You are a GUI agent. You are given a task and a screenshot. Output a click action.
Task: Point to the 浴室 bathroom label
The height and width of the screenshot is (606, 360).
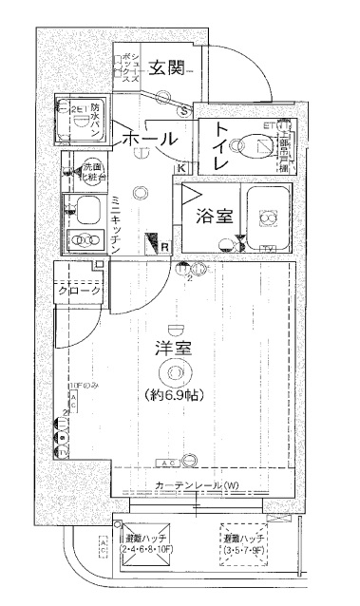click(215, 216)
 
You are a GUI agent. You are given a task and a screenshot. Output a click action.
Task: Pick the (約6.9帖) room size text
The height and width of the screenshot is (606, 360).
click(175, 393)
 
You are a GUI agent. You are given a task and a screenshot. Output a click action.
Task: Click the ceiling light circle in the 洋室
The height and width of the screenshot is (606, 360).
click(175, 372)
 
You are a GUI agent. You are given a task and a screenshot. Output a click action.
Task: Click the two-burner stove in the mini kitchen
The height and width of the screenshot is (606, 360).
click(87, 237)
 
